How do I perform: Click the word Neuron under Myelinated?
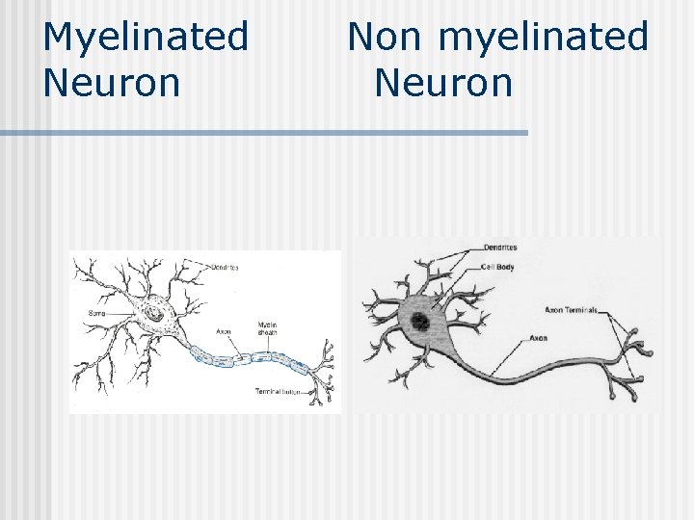click(112, 83)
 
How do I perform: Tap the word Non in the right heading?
click(384, 37)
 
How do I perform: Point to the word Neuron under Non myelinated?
click(442, 83)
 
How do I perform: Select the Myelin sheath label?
click(267, 329)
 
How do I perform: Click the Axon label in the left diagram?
click(224, 331)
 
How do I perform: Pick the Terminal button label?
click(277, 392)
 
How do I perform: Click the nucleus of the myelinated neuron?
click(152, 314)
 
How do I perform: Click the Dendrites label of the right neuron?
click(500, 248)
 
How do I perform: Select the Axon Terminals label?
click(572, 310)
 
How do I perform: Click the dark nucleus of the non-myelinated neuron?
click(420, 323)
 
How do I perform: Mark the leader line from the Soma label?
click(120, 313)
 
